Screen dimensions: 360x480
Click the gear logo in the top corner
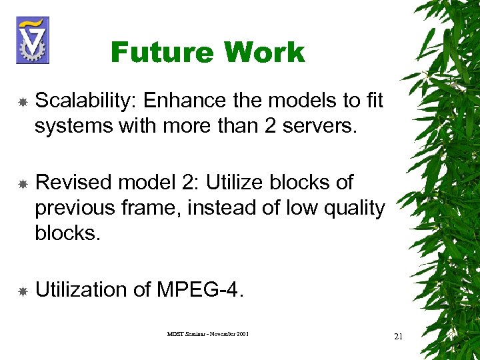coord(32,39)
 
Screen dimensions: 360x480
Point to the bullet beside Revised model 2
coord(22,183)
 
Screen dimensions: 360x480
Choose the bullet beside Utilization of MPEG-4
coord(22,291)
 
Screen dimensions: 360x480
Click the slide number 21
coord(399,336)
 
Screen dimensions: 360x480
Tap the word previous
coord(75,207)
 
